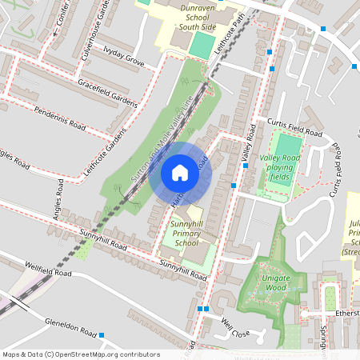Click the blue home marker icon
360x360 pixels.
coord(180,173)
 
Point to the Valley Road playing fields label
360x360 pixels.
coord(286,163)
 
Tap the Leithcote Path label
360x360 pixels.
coord(229,33)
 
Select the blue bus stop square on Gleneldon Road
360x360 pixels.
coord(102,334)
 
